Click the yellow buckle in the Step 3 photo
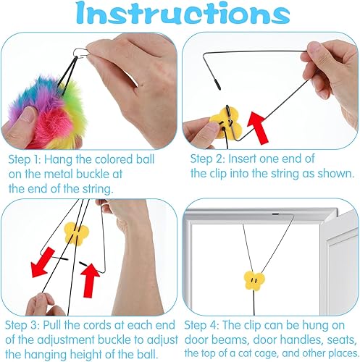coord(74,232)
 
